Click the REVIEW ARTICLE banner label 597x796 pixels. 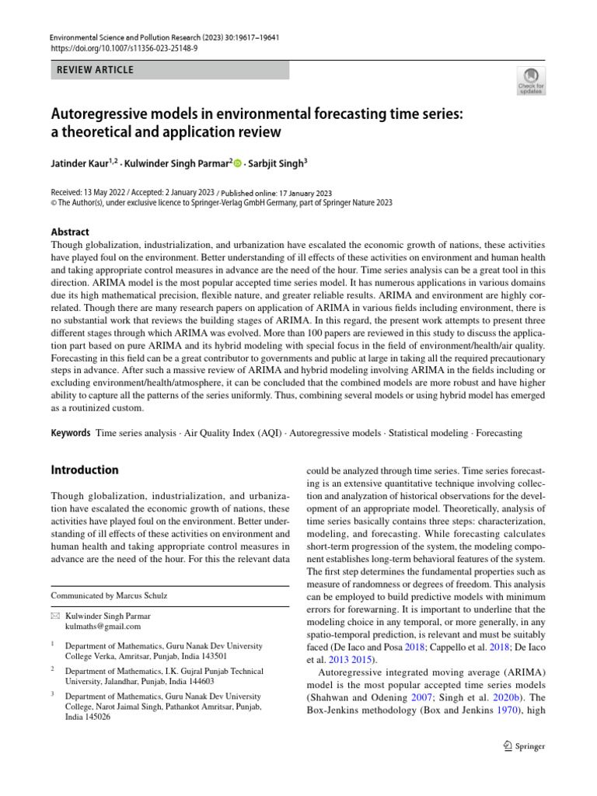coord(96,70)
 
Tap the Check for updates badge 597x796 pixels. coord(531,81)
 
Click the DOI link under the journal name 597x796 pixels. coord(124,48)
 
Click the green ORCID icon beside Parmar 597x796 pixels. coord(239,163)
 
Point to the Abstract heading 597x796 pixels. coord(70,232)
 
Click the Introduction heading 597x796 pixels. coord(85,470)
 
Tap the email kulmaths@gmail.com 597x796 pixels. coord(103,626)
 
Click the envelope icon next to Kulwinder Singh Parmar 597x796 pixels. coord(55,615)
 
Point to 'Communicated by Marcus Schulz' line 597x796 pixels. coord(109,595)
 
